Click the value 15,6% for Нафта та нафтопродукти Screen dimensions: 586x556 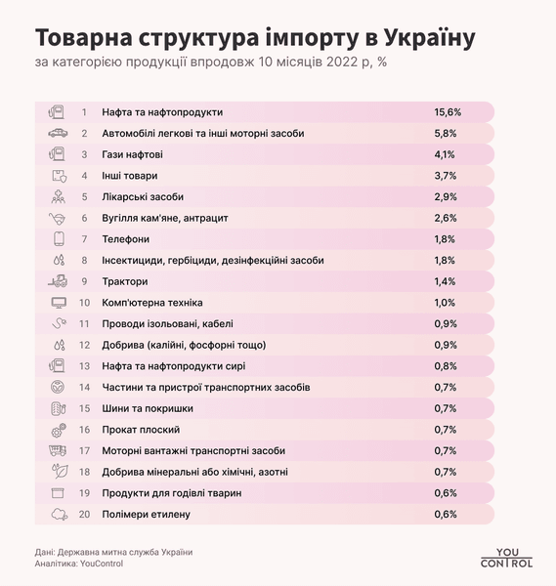(x=447, y=112)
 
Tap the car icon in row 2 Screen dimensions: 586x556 (x=57, y=133)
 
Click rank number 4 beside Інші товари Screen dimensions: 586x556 (x=85, y=176)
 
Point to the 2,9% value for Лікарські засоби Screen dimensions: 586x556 (x=446, y=197)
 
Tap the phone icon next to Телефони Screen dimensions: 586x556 (x=57, y=239)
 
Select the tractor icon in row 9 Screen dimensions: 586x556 (x=57, y=281)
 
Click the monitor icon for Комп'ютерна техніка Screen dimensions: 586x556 (x=57, y=303)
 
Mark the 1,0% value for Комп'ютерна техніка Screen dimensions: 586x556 (x=446, y=303)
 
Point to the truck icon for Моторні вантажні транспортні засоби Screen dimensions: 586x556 (x=57, y=450)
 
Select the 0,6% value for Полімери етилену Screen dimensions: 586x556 (x=446, y=514)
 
